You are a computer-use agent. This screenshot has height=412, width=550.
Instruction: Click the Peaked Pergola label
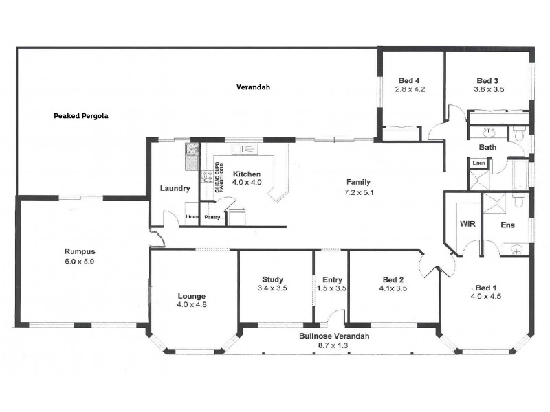pyautogui.click(x=81, y=116)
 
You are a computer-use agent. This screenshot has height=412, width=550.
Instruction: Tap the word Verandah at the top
pyautogui.click(x=253, y=87)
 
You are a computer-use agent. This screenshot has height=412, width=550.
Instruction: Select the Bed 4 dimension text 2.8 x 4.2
pyautogui.click(x=410, y=89)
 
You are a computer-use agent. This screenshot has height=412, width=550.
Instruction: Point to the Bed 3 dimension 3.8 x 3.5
pyautogui.click(x=489, y=89)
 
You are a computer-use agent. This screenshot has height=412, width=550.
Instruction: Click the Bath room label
pyautogui.click(x=488, y=147)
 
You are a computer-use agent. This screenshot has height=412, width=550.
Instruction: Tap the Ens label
pyautogui.click(x=507, y=225)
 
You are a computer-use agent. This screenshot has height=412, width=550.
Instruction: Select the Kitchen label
pyautogui.click(x=246, y=174)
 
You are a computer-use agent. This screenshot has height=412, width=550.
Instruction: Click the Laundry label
pyautogui.click(x=175, y=189)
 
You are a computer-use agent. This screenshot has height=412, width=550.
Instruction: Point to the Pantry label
pyautogui.click(x=212, y=218)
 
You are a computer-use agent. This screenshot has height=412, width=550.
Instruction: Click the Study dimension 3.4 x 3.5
pyautogui.click(x=272, y=288)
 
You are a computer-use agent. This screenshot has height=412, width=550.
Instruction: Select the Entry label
pyautogui.click(x=332, y=279)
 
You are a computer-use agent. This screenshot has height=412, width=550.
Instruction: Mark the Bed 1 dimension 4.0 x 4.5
pyautogui.click(x=485, y=297)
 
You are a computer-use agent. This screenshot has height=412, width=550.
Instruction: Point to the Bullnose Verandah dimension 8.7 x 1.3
pyautogui.click(x=334, y=346)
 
